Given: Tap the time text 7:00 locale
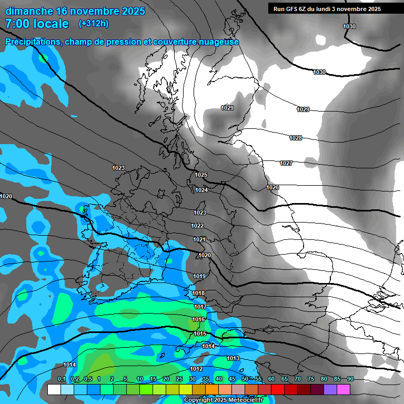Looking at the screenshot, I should tap(37, 24).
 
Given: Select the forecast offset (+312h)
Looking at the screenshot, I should tap(94, 24).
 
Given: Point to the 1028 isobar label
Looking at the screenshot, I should tap(296, 138).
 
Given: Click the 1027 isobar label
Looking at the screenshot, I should tap(286, 164).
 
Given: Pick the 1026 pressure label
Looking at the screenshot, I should tap(272, 188).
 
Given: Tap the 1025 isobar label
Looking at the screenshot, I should tap(201, 175).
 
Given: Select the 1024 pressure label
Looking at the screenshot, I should tap(201, 190).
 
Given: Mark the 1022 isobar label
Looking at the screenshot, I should tap(197, 226).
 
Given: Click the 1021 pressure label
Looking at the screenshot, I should tap(199, 240).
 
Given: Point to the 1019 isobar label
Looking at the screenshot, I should tap(199, 276).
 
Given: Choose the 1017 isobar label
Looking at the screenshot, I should tap(200, 307).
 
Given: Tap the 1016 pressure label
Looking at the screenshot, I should tap(198, 320).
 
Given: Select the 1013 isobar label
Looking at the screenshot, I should tap(233, 359).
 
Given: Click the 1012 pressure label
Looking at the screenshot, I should tap(196, 369).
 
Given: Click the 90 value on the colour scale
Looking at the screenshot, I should tap(350, 379).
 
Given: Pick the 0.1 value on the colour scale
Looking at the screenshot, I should tap(62, 379).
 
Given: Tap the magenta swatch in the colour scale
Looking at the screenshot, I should tap(344, 390).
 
